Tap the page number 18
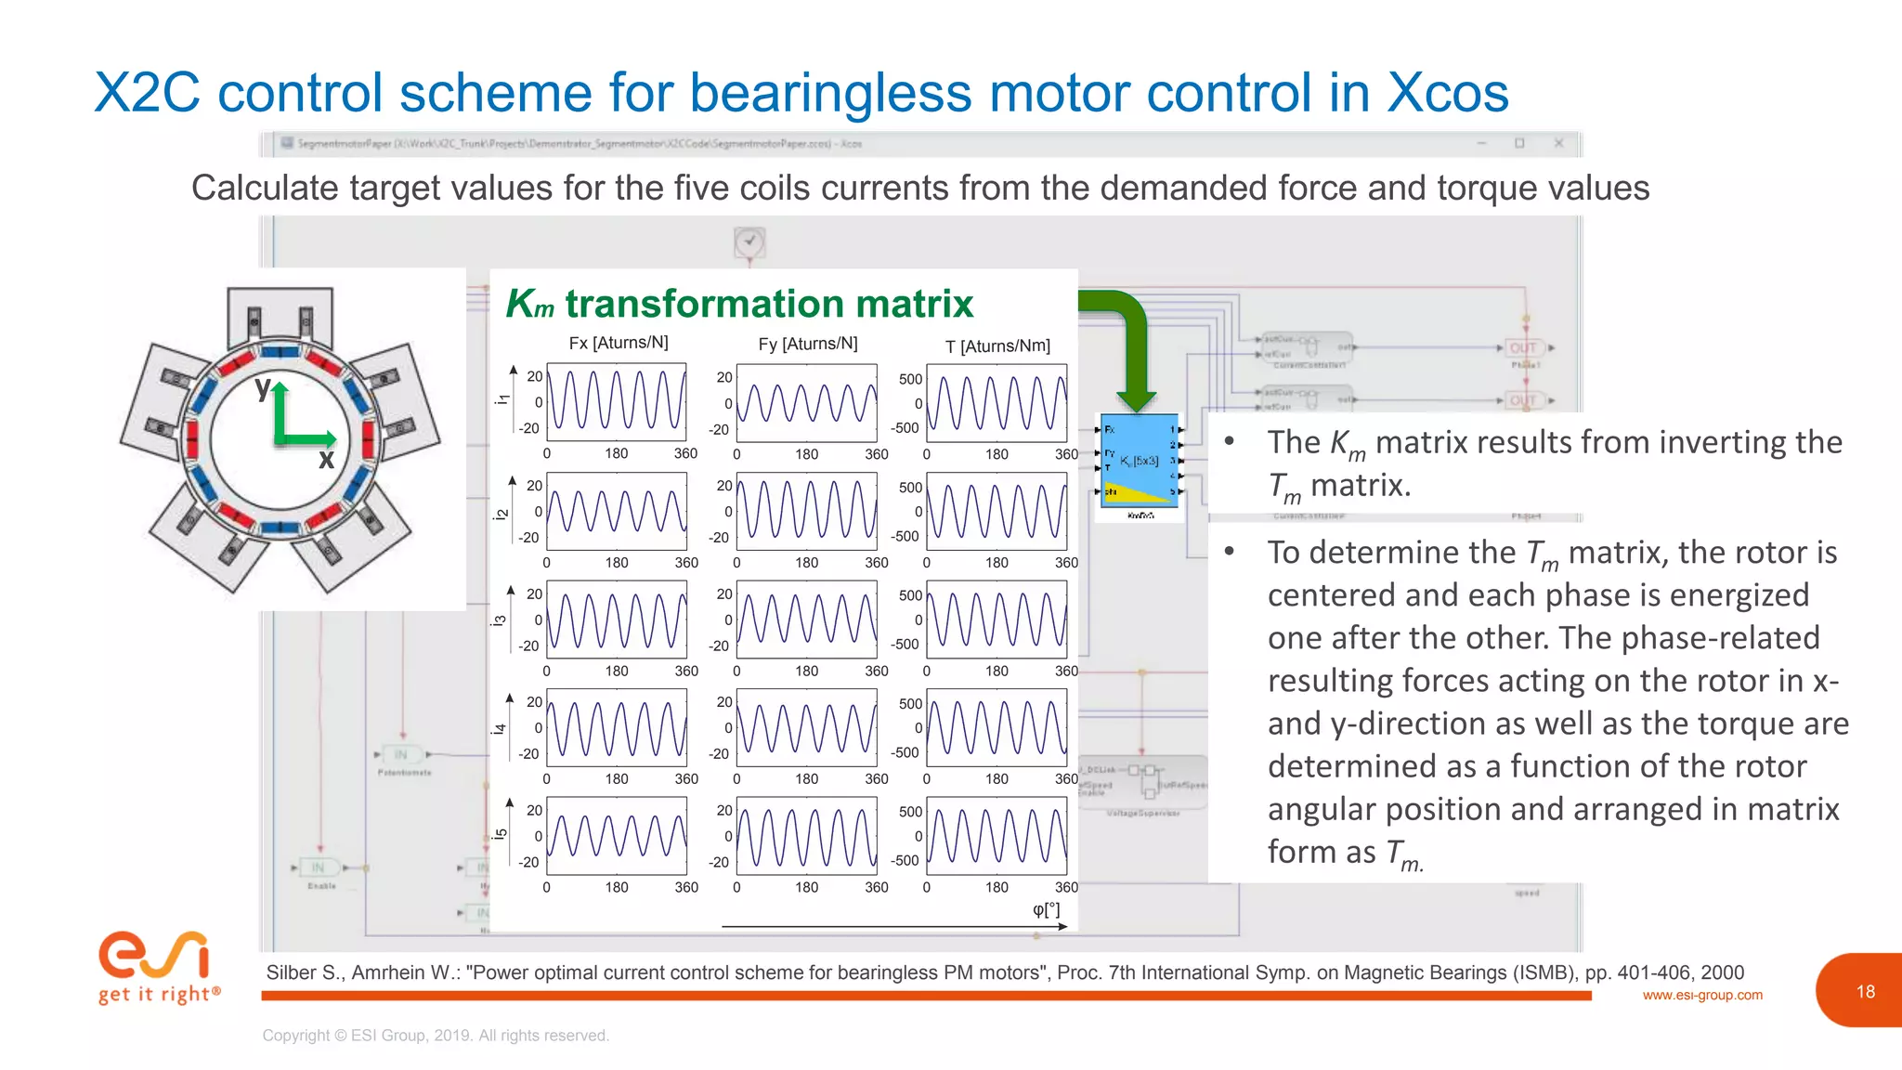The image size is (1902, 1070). (x=1865, y=991)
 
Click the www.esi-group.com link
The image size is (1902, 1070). (x=1701, y=996)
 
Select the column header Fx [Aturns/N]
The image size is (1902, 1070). (x=618, y=343)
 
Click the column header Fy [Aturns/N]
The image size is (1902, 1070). (x=807, y=344)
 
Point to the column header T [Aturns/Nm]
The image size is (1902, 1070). (x=997, y=346)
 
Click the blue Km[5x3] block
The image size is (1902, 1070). (x=1139, y=461)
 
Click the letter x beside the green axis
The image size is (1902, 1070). (x=326, y=459)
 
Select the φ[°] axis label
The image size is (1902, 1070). (x=1046, y=909)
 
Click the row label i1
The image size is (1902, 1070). (x=502, y=399)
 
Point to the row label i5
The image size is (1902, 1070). (x=501, y=834)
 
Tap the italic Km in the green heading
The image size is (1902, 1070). (x=529, y=305)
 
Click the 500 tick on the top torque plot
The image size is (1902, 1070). (x=910, y=379)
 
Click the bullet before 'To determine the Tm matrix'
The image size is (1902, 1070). (x=1229, y=552)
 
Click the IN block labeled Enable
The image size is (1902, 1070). (x=318, y=868)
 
